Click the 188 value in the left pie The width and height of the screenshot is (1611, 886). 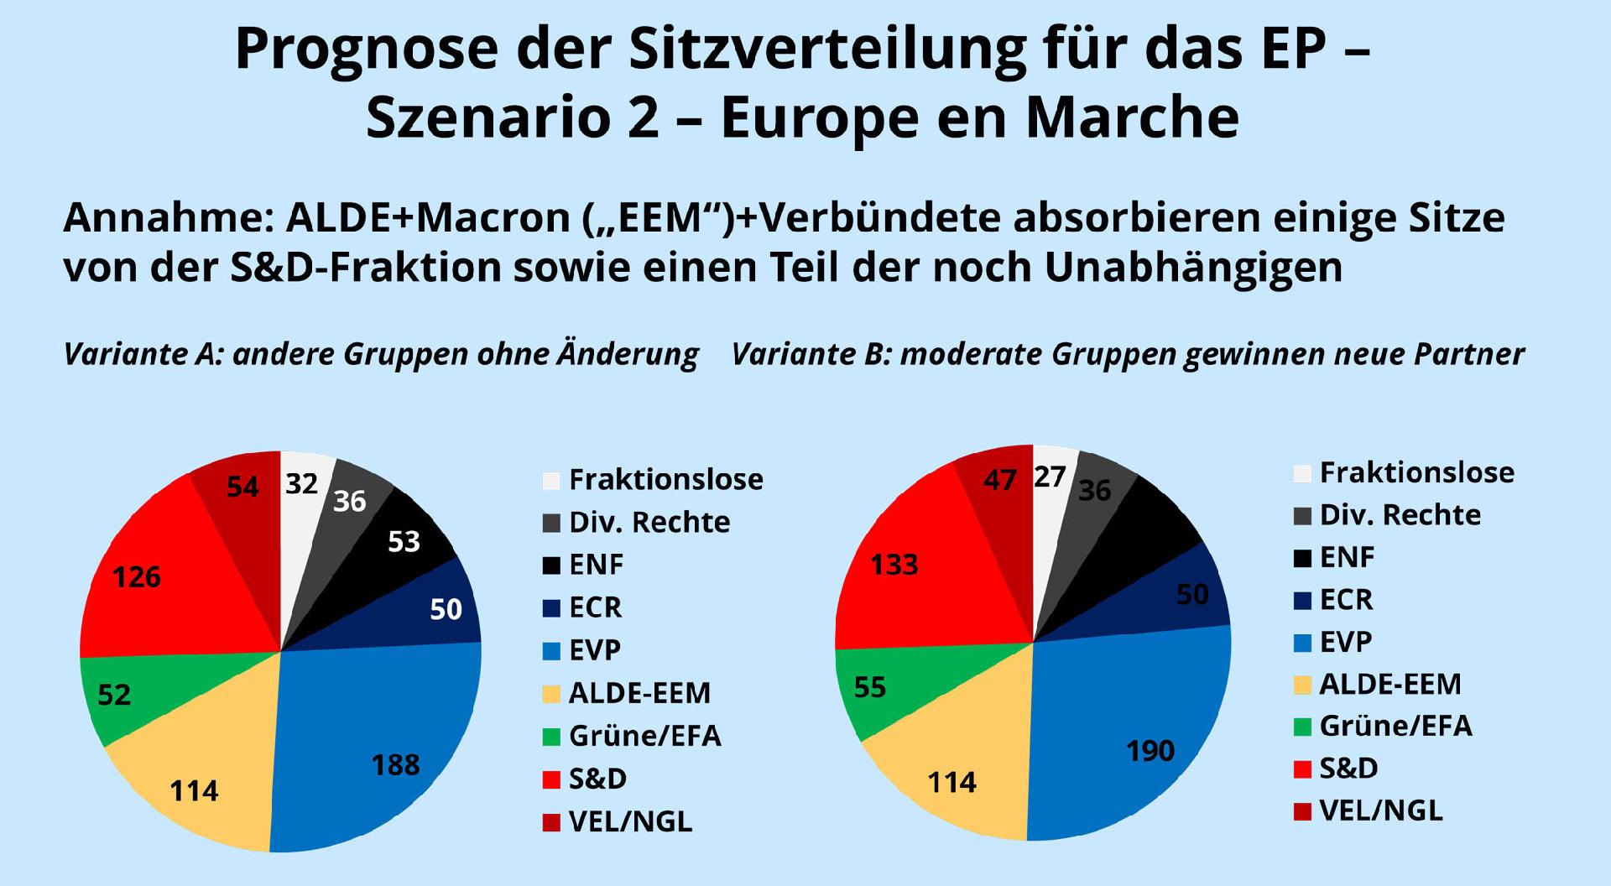tap(395, 765)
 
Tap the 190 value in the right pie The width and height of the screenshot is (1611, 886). tap(1150, 750)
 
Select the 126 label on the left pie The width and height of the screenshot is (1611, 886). tap(137, 577)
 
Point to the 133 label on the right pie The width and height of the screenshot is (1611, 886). tap(894, 565)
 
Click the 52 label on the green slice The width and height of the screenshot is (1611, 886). tap(114, 695)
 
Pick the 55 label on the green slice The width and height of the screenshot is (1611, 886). tap(870, 687)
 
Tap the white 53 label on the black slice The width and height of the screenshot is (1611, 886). tap(404, 542)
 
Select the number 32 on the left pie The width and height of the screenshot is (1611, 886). tap(301, 484)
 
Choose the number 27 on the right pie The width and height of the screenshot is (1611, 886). tap(1050, 477)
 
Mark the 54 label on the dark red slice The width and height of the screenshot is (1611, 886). tap(242, 487)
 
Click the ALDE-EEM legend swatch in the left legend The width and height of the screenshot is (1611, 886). tap(550, 694)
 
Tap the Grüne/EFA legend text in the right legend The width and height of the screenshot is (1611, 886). tap(1395, 726)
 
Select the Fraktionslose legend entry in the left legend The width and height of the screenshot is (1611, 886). tap(665, 480)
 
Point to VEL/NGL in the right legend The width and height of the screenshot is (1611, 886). tap(1381, 810)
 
